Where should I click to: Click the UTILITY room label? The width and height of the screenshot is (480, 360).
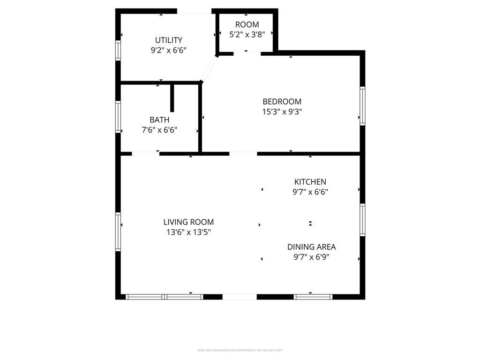(169, 40)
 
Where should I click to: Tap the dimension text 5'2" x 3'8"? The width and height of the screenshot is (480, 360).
(247, 34)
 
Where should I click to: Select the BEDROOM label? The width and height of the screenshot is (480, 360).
(282, 101)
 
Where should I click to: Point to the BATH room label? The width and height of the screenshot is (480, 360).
(159, 120)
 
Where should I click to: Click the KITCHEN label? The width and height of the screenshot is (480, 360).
(310, 182)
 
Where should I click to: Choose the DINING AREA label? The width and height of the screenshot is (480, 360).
(311, 247)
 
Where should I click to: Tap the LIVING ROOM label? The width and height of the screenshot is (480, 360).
(188, 222)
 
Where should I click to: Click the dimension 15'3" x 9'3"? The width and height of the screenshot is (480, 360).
(282, 112)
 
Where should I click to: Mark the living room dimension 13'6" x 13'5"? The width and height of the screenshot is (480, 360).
(188, 232)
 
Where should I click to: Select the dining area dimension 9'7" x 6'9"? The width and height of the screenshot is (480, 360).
(311, 257)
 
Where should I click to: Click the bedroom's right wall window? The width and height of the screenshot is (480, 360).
(362, 106)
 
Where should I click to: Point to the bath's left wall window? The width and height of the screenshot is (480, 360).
(118, 117)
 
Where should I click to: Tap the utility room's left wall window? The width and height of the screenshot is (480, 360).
(118, 50)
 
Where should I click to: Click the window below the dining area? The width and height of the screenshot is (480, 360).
(313, 297)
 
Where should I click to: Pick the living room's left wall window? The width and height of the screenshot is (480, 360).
(118, 232)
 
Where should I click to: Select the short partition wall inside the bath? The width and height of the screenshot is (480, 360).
(172, 98)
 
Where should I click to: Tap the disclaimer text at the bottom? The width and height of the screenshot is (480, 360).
(240, 350)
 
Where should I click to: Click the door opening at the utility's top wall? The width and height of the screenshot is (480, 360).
(194, 11)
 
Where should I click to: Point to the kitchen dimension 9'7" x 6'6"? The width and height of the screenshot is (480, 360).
(310, 192)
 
